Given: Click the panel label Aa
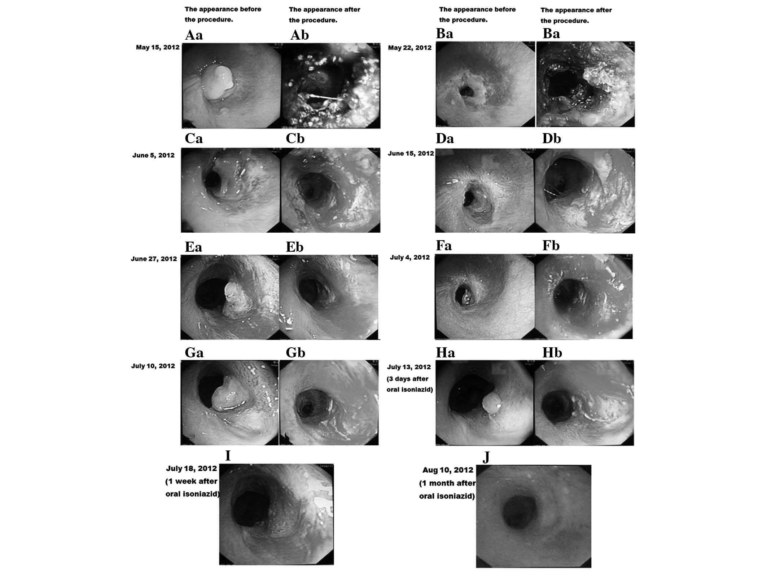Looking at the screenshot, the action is click(194, 35).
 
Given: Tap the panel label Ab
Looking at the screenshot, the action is click(299, 35).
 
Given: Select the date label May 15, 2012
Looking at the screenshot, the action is click(158, 47).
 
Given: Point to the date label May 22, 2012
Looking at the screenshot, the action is click(409, 48).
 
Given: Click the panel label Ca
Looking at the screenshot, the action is click(193, 139).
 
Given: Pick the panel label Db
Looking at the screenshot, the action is click(551, 139).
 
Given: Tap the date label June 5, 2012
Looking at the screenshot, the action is click(153, 155).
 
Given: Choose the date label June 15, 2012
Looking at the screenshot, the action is click(411, 154).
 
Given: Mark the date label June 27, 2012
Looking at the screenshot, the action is click(154, 259).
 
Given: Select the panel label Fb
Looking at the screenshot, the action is click(551, 246).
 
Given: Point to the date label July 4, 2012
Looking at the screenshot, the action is click(410, 258).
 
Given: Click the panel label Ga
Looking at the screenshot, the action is click(194, 352).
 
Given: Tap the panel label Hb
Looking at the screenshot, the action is click(552, 353).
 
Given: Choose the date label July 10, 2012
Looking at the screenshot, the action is click(153, 366).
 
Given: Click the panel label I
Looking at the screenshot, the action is click(228, 456).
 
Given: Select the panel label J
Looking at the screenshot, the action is click(486, 457).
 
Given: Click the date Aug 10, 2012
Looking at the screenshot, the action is click(447, 470).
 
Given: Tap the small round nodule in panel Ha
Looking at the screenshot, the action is click(492, 403).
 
